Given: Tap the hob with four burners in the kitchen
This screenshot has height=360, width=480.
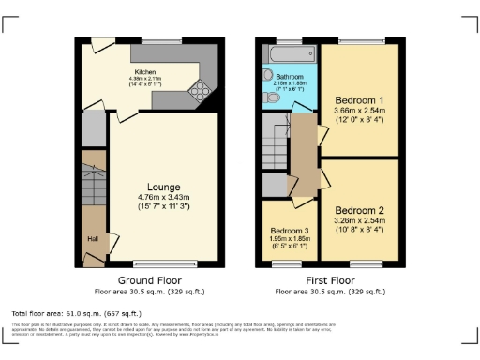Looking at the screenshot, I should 200,91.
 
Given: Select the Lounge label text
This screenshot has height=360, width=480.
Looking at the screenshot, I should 163,187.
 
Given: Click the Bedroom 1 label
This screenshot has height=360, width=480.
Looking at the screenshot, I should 359,100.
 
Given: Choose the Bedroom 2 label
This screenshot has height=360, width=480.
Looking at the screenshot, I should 359,209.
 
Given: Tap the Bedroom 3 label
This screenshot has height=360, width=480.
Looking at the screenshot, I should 289,230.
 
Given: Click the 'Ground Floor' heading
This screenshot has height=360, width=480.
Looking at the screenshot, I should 150,280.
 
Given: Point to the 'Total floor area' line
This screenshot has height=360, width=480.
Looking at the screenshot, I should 76,312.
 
